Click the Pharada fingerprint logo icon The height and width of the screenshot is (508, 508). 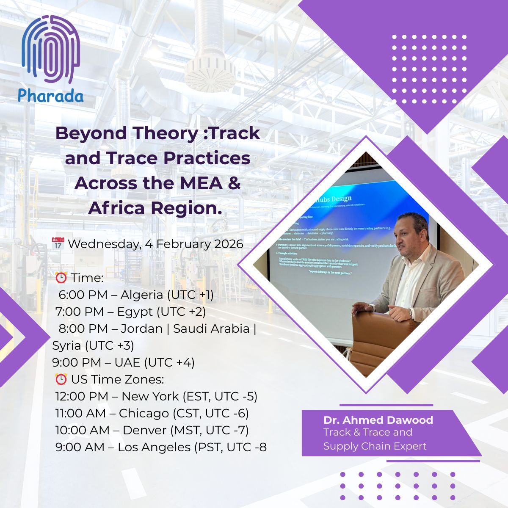tap(51, 50)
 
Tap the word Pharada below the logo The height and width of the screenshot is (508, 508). tap(51, 95)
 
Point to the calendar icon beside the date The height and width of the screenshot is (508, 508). tap(58, 243)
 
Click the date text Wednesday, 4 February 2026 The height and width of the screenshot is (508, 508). tap(155, 244)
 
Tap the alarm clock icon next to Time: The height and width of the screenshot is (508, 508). tap(61, 278)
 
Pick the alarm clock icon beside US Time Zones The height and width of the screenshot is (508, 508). tap(61, 379)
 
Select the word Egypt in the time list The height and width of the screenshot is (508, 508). tap(135, 312)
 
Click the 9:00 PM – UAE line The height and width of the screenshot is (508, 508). tap(123, 363)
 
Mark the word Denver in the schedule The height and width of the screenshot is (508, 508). tap(144, 431)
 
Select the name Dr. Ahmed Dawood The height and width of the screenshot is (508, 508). tap(378, 420)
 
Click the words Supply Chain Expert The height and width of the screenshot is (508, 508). tap(375, 446)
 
